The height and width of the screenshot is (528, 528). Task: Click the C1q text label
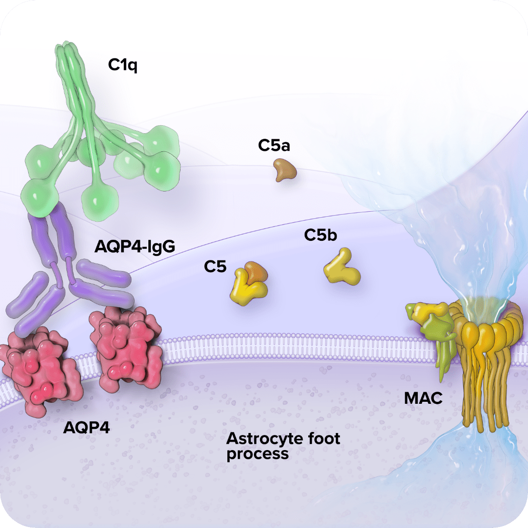pos(123,65)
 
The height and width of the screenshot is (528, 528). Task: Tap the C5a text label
pos(275,146)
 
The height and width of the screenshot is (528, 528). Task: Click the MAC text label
pos(423,399)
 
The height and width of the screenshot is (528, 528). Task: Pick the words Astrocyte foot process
pos(283,446)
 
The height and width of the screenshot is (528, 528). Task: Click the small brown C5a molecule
pos(285,170)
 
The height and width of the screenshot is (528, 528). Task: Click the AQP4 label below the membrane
pos(86,427)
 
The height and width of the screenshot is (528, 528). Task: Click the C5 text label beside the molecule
pos(215,267)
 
